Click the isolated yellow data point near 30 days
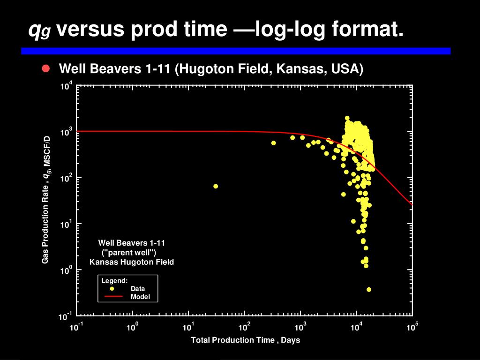click(216, 186)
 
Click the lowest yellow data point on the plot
click(369, 290)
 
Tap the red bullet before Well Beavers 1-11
click(45, 69)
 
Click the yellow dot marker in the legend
click(112, 289)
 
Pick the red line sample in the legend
click(113, 297)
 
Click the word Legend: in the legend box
click(114, 281)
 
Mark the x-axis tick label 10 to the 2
click(245, 327)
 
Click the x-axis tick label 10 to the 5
click(412, 327)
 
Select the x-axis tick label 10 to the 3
click(300, 327)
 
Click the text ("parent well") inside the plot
click(132, 252)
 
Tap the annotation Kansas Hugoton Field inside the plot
click(132, 262)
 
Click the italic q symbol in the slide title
click(34, 30)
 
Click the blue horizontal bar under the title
click(236, 51)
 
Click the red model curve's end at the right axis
click(412, 204)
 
